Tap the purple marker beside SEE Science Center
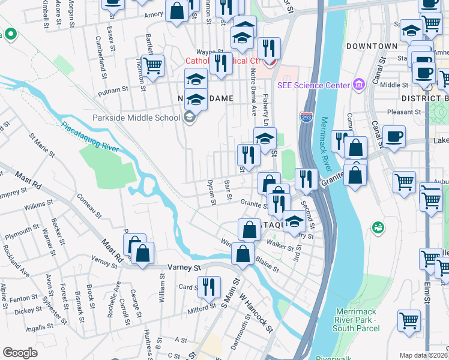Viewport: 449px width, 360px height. (359, 84)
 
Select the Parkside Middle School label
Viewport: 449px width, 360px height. (136, 117)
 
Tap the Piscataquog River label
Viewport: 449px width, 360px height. (90, 137)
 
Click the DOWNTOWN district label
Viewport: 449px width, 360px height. (372, 46)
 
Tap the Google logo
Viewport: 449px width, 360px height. (20, 352)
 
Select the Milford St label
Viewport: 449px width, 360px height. (200, 308)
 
